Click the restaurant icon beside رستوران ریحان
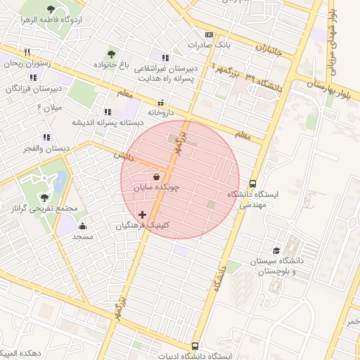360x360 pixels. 27,52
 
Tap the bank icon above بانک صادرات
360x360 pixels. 209,34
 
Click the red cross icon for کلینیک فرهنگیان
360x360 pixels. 143,214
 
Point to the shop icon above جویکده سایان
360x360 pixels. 156,177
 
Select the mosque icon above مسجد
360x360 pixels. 82,226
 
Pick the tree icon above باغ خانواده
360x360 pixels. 111,53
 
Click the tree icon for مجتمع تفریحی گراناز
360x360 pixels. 45,198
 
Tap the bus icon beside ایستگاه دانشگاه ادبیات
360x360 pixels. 195,346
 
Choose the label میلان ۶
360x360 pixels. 49,107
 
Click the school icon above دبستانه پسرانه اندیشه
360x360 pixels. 108,111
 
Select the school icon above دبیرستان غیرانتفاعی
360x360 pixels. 165,58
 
